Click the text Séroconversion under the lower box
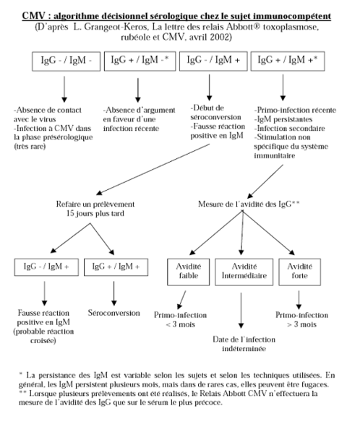pyautogui.click(x=114, y=313)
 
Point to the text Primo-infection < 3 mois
pyautogui.click(x=181, y=319)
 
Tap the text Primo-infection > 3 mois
pyautogui.click(x=301, y=319)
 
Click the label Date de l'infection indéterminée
pyautogui.click(x=244, y=344)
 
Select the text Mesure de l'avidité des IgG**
pyautogui.click(x=249, y=204)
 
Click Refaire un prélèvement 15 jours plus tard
pyautogui.click(x=95, y=209)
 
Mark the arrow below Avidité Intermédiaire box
pyautogui.click(x=241, y=311)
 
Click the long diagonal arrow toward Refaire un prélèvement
pyautogui.click(x=153, y=169)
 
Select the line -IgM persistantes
pyautogui.click(x=283, y=119)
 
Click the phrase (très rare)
pyautogui.click(x=30, y=147)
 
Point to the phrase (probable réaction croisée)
pyautogui.click(x=43, y=336)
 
